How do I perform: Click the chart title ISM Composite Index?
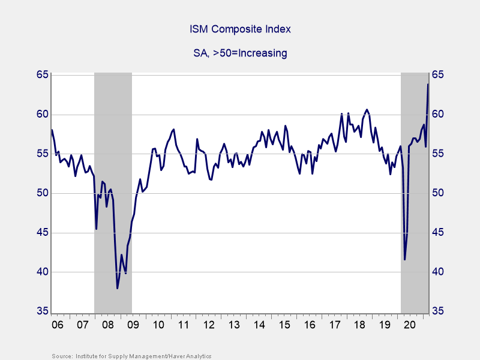coord(240,29)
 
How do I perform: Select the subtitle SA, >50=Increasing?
coord(240,53)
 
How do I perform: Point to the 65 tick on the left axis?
coord(41,75)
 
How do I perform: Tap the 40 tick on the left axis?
coord(41,272)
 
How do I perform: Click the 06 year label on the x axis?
coord(58,325)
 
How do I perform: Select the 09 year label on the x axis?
coord(133,325)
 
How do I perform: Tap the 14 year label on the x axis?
coord(259,325)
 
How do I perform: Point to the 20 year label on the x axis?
coord(410,325)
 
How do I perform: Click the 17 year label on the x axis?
coord(335,325)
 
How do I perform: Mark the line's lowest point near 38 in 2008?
coord(117,289)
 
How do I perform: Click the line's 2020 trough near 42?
coord(404,259)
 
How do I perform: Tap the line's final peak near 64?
coord(428,84)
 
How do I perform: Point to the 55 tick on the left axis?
coord(41,154)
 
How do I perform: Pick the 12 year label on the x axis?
coord(209,325)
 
